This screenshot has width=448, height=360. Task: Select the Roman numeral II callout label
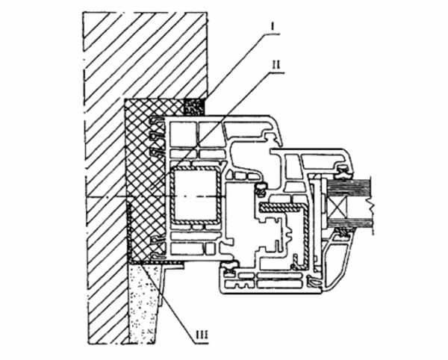[x=276, y=65]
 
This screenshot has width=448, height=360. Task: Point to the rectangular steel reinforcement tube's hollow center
[x=195, y=195]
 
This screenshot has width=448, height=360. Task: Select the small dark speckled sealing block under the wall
[x=194, y=107]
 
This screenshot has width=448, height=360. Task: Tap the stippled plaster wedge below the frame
[x=143, y=302]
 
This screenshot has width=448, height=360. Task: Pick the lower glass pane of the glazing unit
[x=350, y=223]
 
